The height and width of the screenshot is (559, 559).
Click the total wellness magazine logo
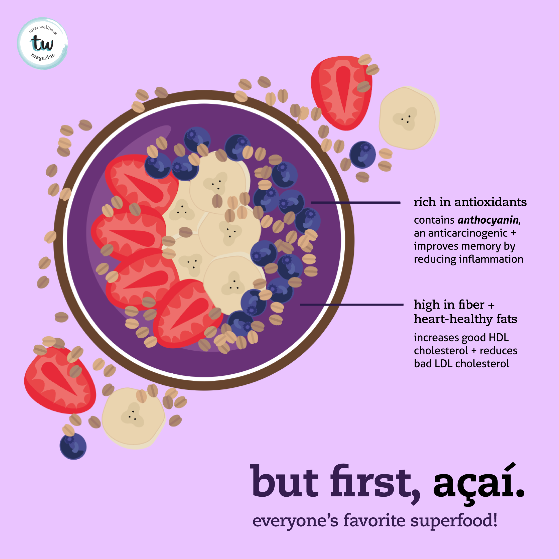click(42, 43)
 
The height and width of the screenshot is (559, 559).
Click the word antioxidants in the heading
click(490, 202)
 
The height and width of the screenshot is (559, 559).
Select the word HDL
click(499, 338)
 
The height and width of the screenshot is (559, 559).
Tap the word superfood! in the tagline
click(454, 521)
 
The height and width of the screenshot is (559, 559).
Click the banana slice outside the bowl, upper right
click(409, 118)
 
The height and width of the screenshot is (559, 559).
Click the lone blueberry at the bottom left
click(73, 446)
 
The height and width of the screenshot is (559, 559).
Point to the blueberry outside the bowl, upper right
click(362, 155)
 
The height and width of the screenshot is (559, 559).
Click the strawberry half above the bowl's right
click(341, 93)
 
